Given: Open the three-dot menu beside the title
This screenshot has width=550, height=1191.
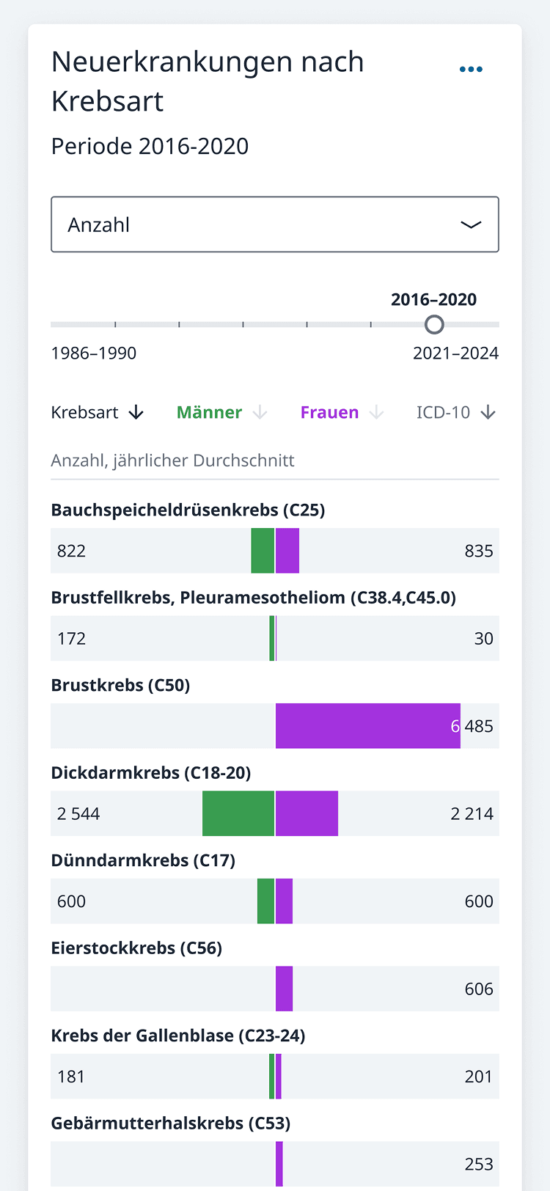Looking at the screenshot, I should [x=471, y=69].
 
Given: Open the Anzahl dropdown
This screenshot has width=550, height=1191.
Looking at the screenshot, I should [x=274, y=224].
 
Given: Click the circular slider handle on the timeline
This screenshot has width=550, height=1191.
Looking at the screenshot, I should [x=434, y=324].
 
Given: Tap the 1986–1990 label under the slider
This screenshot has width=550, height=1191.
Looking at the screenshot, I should [x=93, y=353].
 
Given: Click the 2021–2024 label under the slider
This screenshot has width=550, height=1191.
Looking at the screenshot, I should [x=455, y=353].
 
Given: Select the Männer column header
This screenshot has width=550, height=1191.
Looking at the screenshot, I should [x=210, y=412].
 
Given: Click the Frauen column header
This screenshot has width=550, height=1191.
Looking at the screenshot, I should [x=330, y=412].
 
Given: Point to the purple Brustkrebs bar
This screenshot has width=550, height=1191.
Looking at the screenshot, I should [x=367, y=726].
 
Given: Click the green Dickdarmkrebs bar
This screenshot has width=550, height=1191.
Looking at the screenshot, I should [x=238, y=813].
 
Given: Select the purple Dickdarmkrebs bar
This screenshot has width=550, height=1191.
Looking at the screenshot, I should [x=307, y=813].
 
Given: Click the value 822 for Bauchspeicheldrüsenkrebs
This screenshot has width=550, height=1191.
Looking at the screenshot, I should [x=71, y=551].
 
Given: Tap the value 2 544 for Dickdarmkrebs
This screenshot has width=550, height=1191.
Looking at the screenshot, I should [x=78, y=813].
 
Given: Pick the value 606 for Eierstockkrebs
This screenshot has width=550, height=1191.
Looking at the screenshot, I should [x=479, y=989].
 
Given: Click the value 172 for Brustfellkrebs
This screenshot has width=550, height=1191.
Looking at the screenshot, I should [x=71, y=638].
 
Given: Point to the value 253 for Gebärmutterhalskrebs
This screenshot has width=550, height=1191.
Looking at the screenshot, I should [x=479, y=1164].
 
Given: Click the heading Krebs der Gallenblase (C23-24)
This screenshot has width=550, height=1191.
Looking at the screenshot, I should [x=178, y=1036].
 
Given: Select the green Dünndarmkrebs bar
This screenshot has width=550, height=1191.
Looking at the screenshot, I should [x=265, y=901].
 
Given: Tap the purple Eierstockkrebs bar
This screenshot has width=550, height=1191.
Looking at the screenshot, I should [x=284, y=989].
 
